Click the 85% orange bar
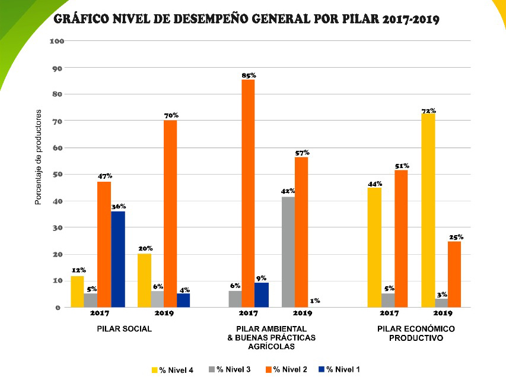pyautogui.click(x=248, y=193)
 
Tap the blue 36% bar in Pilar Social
pyautogui.click(x=118, y=259)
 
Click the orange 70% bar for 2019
pyautogui.click(x=170, y=213)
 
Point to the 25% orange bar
pyautogui.click(x=455, y=274)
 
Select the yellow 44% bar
pyautogui.click(x=374, y=248)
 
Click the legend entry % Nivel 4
pyautogui.click(x=173, y=370)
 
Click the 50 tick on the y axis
pyautogui.click(x=58, y=175)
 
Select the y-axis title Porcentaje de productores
pyautogui.click(x=38, y=157)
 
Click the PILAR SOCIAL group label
pyautogui.click(x=125, y=329)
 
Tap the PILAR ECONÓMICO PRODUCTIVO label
pyautogui.click(x=416, y=333)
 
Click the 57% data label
pyautogui.click(x=302, y=153)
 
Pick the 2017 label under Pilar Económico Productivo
pyautogui.click(x=389, y=313)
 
